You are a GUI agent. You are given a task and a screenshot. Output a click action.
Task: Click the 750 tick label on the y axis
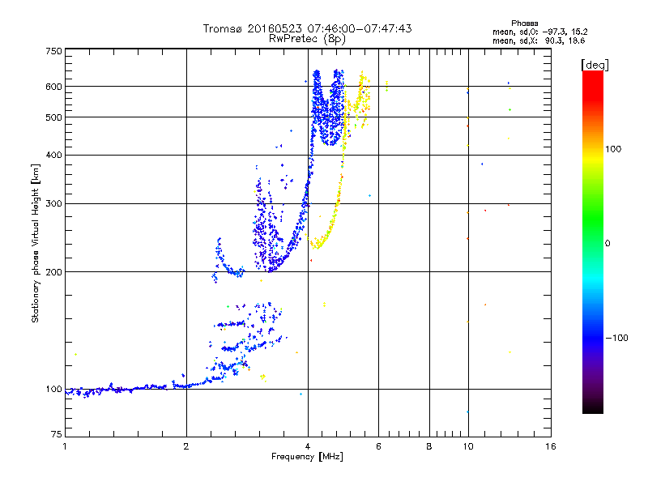53,50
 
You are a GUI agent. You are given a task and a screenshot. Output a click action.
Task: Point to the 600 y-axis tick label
53,87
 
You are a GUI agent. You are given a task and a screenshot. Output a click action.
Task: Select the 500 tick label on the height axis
53,117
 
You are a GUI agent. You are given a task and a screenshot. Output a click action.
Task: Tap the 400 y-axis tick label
53,155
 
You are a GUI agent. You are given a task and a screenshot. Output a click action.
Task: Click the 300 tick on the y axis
53,203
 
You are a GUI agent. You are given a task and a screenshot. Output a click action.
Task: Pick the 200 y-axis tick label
53,272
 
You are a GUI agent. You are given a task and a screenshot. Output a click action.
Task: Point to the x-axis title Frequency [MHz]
308,458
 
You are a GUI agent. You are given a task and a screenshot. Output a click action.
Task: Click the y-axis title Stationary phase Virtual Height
36,243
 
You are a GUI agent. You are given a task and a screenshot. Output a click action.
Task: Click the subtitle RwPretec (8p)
307,38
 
